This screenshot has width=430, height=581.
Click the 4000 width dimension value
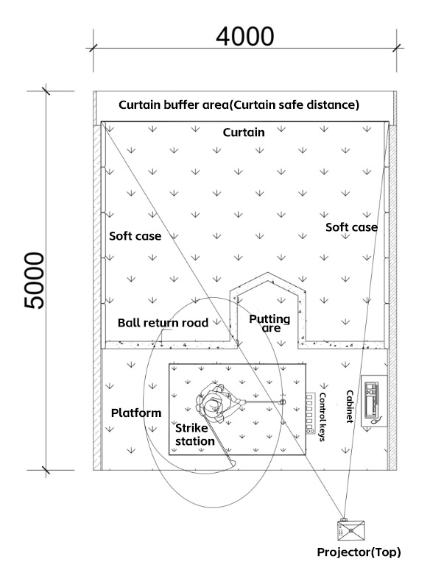pos(245,37)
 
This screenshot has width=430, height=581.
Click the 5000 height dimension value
pos(35,280)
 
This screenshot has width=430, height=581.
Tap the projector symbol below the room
pos(350,530)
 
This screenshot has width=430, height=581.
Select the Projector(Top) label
pos(359,552)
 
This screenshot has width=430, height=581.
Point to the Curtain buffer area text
pos(239,105)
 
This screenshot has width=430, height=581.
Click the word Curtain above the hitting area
pos(244,132)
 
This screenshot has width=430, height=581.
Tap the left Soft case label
pos(135,236)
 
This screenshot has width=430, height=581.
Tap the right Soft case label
pos(351,227)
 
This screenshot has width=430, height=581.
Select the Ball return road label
pos(163,323)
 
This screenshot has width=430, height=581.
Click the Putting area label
pos(269,323)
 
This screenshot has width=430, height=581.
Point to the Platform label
pos(136,413)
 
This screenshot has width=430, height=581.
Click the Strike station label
pos(195,435)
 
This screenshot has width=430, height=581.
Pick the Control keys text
pos(322,417)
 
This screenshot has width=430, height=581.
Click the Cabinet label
pos(350,407)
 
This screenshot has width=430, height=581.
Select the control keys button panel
pos(309,413)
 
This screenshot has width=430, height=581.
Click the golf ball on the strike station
pos(283,402)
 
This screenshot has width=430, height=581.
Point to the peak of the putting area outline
pos(267,273)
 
